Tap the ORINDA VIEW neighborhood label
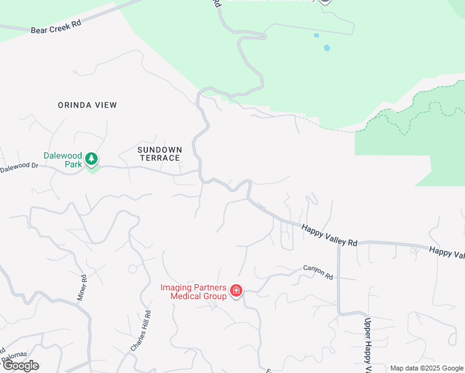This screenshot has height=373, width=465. coord(88,105)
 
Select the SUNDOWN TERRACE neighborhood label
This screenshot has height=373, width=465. coord(159,154)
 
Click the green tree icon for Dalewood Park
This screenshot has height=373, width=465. coord(92,159)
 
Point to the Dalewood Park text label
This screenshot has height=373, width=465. coord(62,160)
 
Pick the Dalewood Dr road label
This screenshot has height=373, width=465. coord(19,167)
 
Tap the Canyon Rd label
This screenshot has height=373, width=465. coord(318,272)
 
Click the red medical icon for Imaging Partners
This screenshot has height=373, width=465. coord(236,291)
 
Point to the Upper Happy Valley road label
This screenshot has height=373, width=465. coord(367,345)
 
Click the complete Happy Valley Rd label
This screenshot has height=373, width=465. coord(329,236)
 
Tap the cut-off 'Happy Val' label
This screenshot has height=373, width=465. coord(446,252)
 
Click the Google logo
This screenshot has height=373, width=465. coord(21,366)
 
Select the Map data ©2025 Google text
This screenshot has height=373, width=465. coord(427,368)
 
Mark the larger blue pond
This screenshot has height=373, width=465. coord(327,47)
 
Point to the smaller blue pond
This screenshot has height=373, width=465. coord(316,35)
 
